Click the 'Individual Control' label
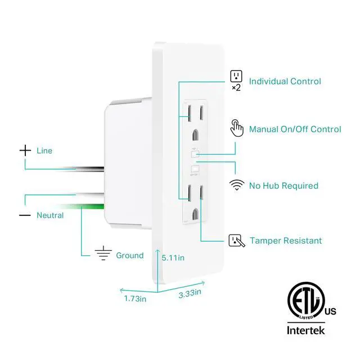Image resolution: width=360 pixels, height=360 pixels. (x=285, y=82)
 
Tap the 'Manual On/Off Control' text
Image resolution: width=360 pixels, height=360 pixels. (x=295, y=129)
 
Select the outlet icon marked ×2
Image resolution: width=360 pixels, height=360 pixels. (x=236, y=77)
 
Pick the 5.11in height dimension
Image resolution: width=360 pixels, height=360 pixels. (x=172, y=259)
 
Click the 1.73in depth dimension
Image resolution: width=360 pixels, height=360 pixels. (x=135, y=299)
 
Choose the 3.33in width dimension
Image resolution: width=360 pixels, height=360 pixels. (x=191, y=292)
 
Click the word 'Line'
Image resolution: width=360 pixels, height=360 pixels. (x=44, y=151)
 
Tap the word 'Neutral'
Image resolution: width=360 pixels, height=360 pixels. (x=50, y=215)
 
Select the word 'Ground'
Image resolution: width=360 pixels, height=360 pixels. (x=129, y=255)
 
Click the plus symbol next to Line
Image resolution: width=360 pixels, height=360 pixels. (x=25, y=150)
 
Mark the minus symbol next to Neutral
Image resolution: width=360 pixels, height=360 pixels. (x=25, y=215)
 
